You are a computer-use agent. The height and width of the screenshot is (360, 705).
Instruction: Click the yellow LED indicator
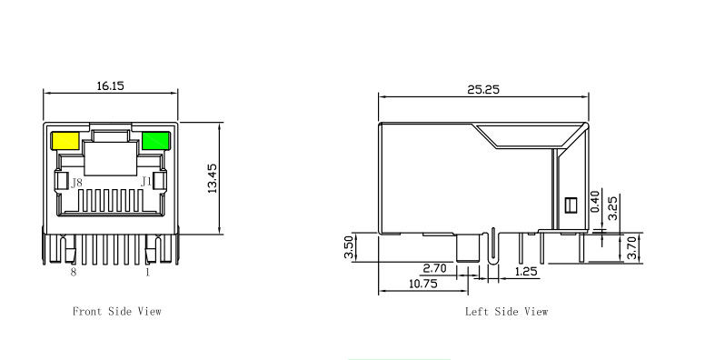(66, 141)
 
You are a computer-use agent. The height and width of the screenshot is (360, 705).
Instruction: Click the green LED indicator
(155, 141)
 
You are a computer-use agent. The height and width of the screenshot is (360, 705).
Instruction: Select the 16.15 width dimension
(110, 85)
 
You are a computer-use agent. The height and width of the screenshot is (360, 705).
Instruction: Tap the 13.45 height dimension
(213, 179)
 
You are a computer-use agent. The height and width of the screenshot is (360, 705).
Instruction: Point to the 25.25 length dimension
(483, 90)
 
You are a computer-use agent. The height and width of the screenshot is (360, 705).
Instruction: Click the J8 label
(76, 183)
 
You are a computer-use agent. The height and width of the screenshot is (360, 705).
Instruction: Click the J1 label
(145, 182)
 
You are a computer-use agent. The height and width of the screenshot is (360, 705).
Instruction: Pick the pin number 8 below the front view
(74, 272)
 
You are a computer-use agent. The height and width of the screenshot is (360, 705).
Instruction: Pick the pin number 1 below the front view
(147, 272)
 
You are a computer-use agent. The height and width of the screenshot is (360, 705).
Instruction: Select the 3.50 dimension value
(349, 248)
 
